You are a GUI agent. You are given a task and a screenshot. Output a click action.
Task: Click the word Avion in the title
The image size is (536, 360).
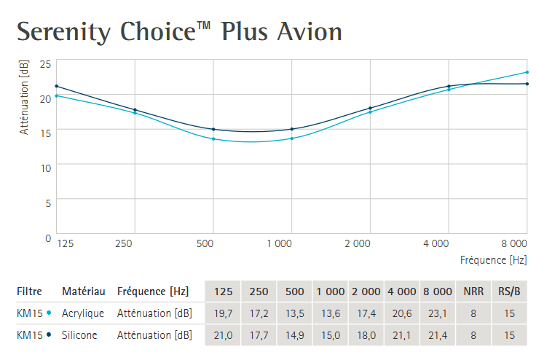point(310,31)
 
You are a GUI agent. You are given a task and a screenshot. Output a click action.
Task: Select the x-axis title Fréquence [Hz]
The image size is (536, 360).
point(493,259)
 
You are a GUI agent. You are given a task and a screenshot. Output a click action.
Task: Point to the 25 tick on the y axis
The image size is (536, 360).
point(45,65)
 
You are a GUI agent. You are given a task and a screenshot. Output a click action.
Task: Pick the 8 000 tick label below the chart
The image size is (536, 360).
point(514,242)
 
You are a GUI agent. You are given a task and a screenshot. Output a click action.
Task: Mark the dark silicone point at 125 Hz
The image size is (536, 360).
point(57,86)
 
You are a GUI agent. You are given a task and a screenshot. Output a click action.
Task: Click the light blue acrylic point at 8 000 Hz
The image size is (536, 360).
point(527,72)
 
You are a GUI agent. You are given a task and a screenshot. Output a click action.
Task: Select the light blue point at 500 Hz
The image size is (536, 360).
point(213,138)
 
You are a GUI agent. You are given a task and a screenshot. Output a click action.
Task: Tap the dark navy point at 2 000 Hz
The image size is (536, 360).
point(370,108)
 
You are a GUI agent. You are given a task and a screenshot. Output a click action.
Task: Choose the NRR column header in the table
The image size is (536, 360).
point(473,291)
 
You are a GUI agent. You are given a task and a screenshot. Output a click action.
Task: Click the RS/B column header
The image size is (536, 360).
point(508,291)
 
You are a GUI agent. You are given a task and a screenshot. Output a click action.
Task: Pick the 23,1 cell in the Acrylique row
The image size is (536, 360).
point(438,313)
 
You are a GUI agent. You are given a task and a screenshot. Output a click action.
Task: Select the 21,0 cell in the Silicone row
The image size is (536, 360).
point(223,335)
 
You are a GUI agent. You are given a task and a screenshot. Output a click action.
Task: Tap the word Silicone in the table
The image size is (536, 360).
point(79,335)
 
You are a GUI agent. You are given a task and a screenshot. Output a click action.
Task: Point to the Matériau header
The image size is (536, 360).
point(83,291)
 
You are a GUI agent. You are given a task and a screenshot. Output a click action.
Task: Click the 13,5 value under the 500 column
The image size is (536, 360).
point(294,313)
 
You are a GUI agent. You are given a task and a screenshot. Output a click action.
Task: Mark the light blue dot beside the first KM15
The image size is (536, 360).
point(48,313)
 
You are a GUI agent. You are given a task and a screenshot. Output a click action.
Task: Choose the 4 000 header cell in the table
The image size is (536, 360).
point(402,291)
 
